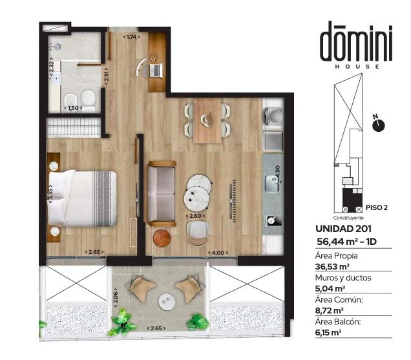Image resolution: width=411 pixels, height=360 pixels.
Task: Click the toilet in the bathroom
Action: [88, 99]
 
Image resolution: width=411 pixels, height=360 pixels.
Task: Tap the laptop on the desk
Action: [156, 70]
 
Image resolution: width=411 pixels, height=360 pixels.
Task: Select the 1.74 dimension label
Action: [131, 37]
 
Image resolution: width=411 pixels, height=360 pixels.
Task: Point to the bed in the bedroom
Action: [82, 198]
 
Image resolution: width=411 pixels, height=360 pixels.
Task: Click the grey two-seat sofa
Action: [161, 194]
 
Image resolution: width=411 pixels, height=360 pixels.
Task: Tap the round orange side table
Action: [162, 238]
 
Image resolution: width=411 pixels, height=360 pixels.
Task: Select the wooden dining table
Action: [207, 120]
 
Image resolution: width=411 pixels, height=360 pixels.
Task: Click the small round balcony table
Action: [168, 302]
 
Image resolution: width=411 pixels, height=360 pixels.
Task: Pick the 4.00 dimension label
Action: [218, 253]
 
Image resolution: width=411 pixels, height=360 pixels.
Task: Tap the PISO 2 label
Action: [377, 207]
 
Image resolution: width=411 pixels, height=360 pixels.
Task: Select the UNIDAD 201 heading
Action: [343, 229]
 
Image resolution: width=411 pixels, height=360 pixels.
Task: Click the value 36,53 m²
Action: [332, 267]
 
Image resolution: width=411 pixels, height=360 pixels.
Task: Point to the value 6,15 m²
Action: [328, 333]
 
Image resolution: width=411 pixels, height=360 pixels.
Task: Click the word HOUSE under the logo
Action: [357, 67]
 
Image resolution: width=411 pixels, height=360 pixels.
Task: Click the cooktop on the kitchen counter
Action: [273, 220]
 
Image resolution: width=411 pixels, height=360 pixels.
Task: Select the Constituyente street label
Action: [348, 218]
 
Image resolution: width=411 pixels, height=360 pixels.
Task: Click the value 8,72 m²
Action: [329, 311]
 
